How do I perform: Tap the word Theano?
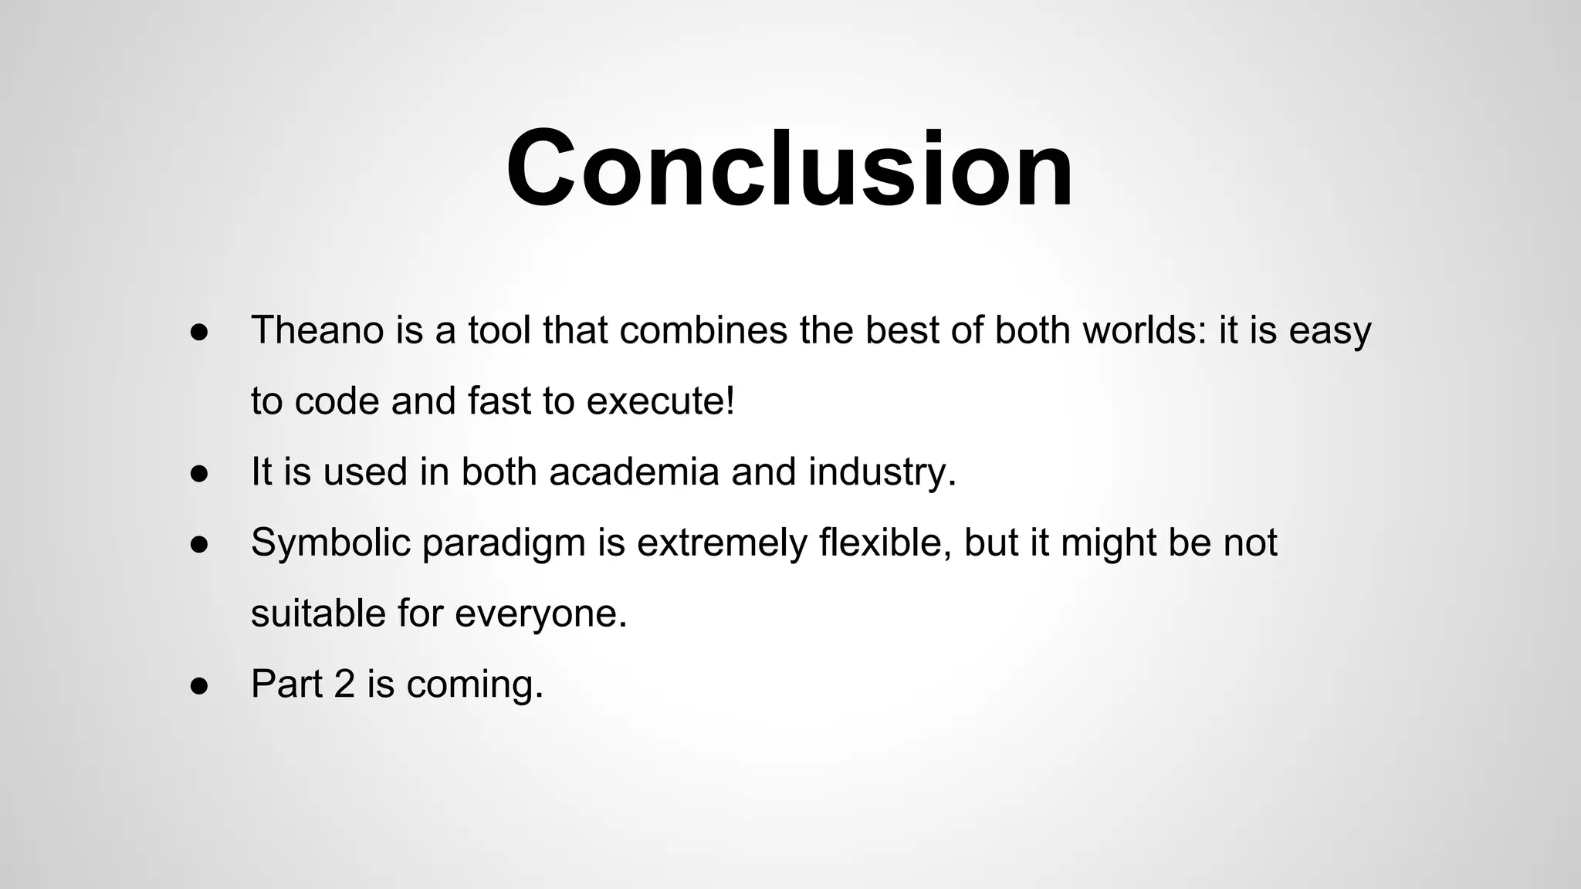[317, 330]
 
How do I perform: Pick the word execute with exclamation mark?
[661, 401]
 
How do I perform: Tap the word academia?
[634, 472]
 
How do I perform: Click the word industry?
[882, 472]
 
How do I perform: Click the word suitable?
[317, 614]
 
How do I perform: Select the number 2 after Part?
[344, 684]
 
